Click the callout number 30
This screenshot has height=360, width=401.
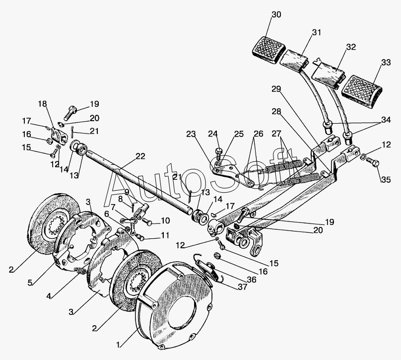tap(276, 14)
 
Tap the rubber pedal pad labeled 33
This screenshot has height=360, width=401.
tap(362, 88)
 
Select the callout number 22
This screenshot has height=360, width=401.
tap(140, 156)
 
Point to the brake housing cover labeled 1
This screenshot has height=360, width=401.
tap(175, 305)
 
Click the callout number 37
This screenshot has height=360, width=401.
tap(242, 287)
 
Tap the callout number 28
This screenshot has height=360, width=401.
tap(276, 111)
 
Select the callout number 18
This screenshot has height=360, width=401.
tap(43, 104)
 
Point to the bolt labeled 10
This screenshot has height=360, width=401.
tap(147, 221)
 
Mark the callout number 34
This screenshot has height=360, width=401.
tap(386, 120)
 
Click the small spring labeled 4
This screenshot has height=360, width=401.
tap(81, 271)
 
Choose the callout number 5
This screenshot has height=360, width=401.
tap(30, 283)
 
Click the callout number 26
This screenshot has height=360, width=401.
tap(258, 134)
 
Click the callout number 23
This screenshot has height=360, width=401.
tap(191, 134)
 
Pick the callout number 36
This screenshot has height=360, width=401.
tap(252, 280)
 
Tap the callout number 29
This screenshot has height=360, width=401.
tap(276, 89)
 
